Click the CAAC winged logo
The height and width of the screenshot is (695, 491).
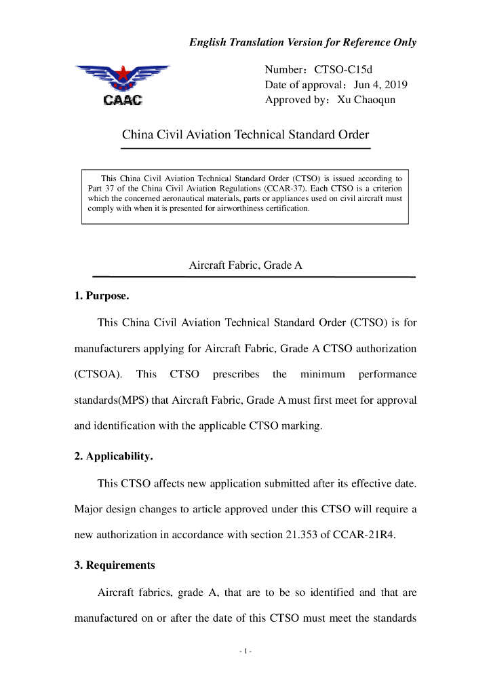click(x=122, y=85)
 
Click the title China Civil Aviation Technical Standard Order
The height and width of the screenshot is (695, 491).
click(x=245, y=134)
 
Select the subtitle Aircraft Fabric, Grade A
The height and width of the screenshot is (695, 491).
click(x=245, y=266)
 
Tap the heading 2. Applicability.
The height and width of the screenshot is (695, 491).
click(x=113, y=457)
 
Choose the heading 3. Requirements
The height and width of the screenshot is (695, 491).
click(x=115, y=565)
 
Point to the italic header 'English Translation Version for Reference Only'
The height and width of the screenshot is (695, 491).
click(x=302, y=42)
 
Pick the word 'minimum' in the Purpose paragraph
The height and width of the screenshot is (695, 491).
click(x=323, y=374)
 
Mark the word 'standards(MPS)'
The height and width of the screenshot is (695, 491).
click(x=111, y=400)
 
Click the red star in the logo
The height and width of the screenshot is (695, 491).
click(x=123, y=72)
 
